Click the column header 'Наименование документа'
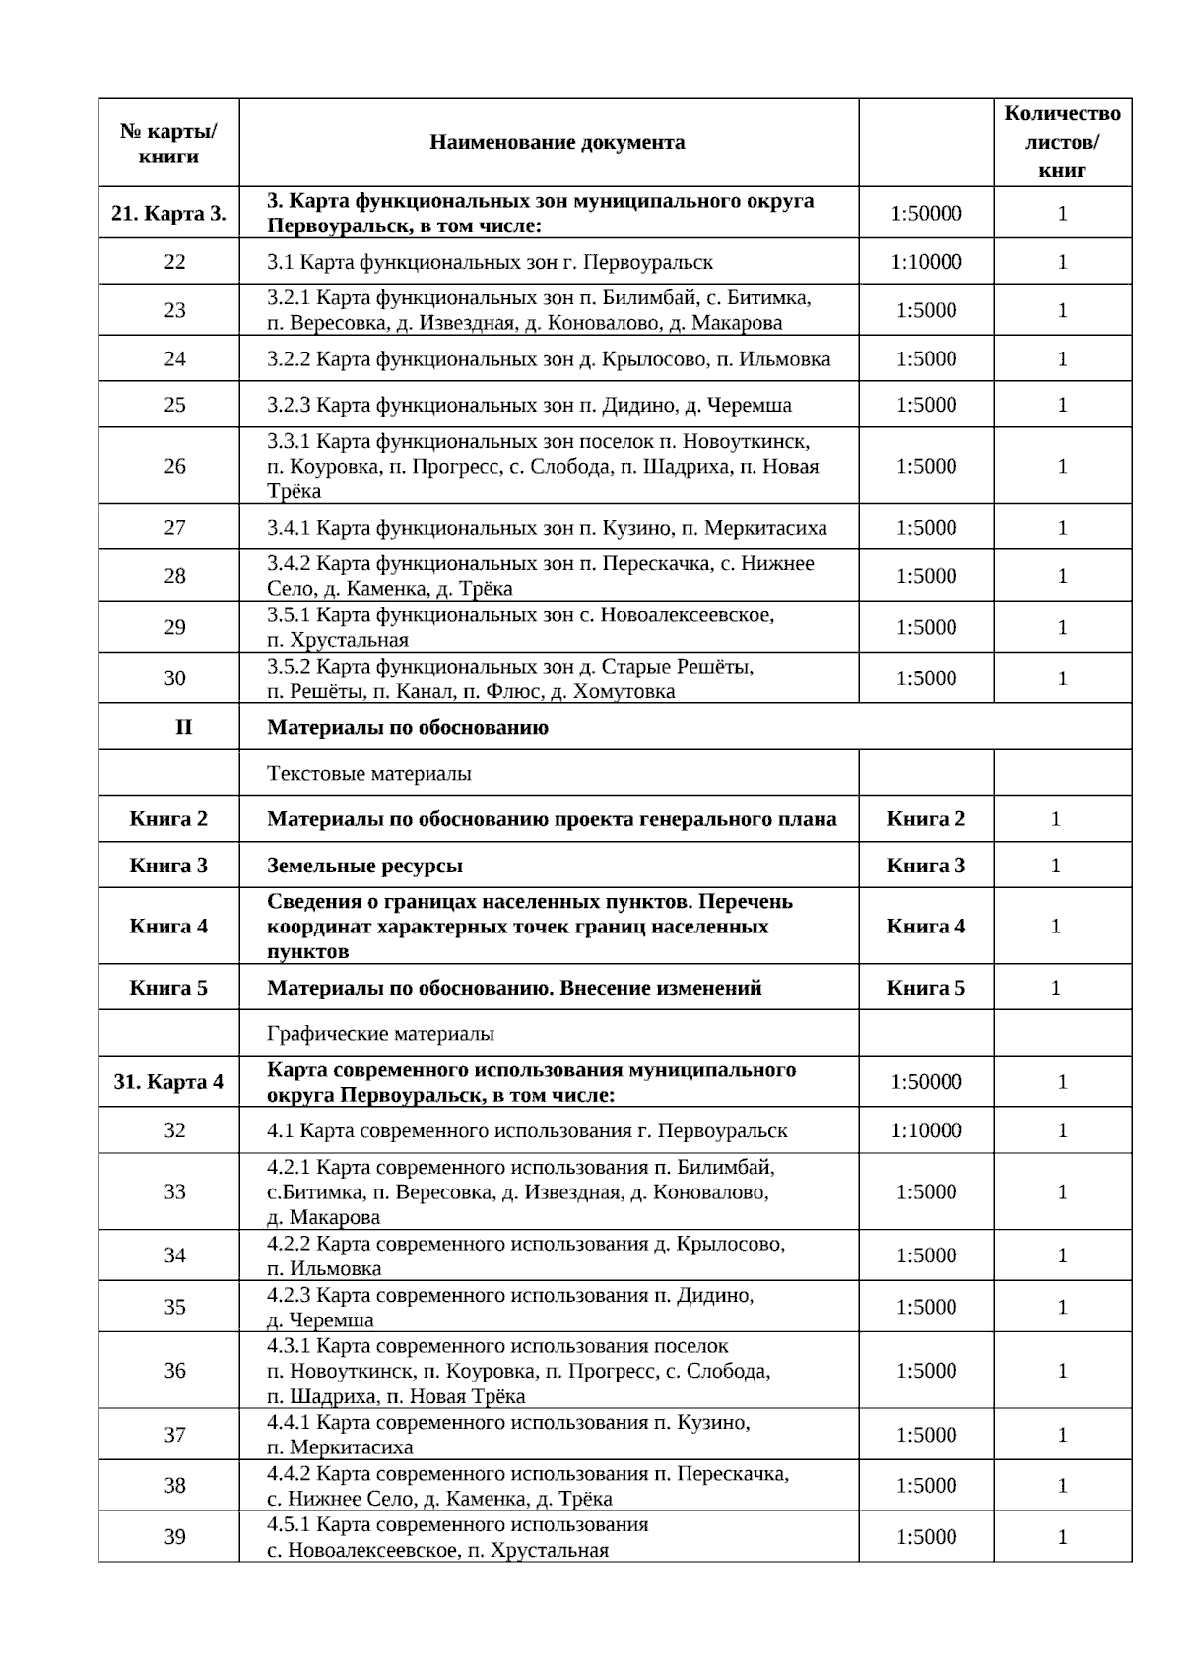[x=557, y=142]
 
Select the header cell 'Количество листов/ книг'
[x=1062, y=142]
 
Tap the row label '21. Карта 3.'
[x=168, y=213]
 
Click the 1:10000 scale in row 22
[x=926, y=262]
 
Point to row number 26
[x=174, y=466]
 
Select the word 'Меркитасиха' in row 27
[x=766, y=528]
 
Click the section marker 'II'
[x=183, y=727]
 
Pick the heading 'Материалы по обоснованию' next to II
[x=408, y=728]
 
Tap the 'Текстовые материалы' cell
[x=369, y=774]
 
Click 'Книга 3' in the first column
[x=168, y=866]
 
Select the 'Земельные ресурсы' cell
[x=364, y=866]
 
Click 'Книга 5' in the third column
[x=926, y=988]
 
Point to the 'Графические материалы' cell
[x=380, y=1034]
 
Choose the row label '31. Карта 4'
[x=168, y=1082]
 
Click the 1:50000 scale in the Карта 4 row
[x=926, y=1082]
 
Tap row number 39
[x=174, y=1537]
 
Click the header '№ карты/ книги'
[x=168, y=143]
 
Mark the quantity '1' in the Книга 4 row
[x=1056, y=926]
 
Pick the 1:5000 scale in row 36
[x=926, y=1371]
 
